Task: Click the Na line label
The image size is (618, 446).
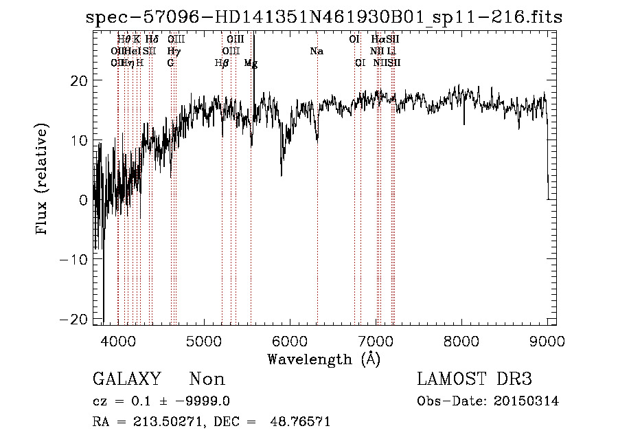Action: tap(317, 52)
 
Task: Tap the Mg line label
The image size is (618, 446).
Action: tap(251, 63)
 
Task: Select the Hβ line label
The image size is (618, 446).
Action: tap(221, 63)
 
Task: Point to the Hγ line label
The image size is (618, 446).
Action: tap(174, 52)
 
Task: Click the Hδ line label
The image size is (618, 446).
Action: tap(152, 40)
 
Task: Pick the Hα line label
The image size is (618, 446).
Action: tap(378, 40)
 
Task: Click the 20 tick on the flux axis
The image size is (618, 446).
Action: tap(80, 81)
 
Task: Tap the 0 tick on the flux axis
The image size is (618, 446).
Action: tap(84, 200)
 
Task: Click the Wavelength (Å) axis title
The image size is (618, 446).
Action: tap(323, 359)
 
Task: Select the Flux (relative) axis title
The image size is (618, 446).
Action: tap(43, 180)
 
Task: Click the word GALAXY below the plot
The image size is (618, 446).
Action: tap(127, 379)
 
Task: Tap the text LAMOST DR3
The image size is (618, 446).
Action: tap(474, 379)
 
